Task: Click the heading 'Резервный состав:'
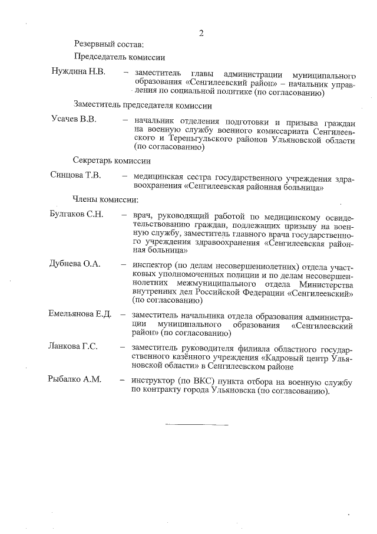pos(108,44)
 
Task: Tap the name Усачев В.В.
pos(73,120)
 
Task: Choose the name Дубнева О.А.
pos(75,264)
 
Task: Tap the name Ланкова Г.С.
pos(73,346)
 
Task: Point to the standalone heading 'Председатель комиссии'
pos(119,57)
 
